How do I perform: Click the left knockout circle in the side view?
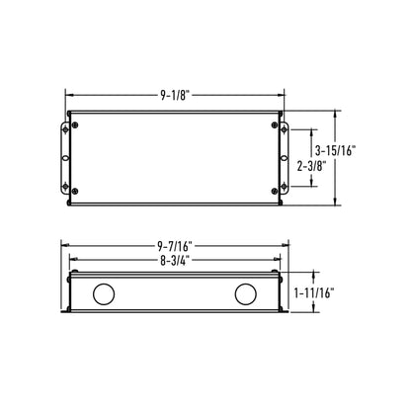[102, 294]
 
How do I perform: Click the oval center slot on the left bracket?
[66, 156]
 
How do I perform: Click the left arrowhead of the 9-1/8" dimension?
[69, 96]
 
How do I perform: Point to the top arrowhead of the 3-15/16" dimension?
[340, 113]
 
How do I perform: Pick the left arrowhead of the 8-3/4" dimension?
[71, 261]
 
